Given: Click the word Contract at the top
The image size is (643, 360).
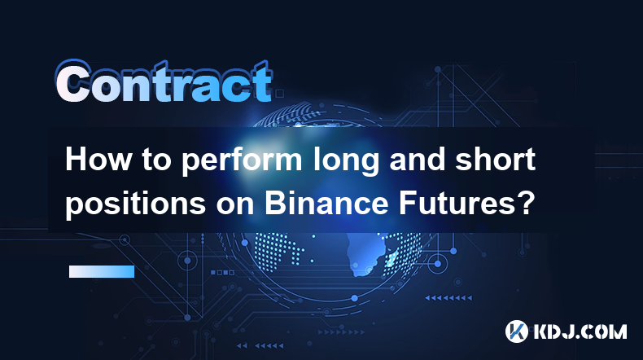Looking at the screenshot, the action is coord(164,82).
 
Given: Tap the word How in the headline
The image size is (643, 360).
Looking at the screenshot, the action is coord(98,160).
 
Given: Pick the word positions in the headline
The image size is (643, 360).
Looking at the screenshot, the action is coord(135,204).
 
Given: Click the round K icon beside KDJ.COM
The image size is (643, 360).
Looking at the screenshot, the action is coord(516,331).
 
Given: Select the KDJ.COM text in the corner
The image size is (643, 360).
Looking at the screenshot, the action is coord(580,331).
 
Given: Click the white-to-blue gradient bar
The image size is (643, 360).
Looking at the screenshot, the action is coord(102,271).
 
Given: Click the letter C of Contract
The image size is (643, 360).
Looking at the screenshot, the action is coord(73,82).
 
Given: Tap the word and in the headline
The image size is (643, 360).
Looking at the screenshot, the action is coord(418,160).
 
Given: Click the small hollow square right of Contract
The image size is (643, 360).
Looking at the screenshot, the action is coord(280,94).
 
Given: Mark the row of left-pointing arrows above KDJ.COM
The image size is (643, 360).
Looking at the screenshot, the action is coord(448,298).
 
